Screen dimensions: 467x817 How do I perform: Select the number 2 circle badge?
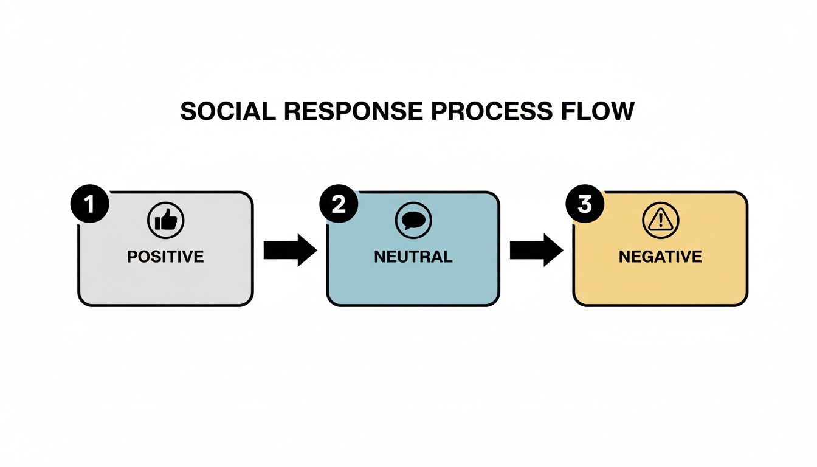coord(339,204)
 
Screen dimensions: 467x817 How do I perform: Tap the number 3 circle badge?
coord(584,204)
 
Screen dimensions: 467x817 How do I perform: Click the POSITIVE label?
coord(165,257)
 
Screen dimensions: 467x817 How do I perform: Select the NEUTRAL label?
coord(413,257)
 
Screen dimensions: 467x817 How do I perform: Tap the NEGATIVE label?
coord(660,257)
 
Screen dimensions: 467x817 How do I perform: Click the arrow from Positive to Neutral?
coord(290,249)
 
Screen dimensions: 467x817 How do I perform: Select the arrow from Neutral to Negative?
coord(536,249)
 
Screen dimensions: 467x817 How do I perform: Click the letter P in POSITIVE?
coord(132,257)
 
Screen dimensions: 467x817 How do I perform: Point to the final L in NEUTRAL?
coord(448,257)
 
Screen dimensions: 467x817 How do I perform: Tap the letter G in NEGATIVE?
coord(647,257)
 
